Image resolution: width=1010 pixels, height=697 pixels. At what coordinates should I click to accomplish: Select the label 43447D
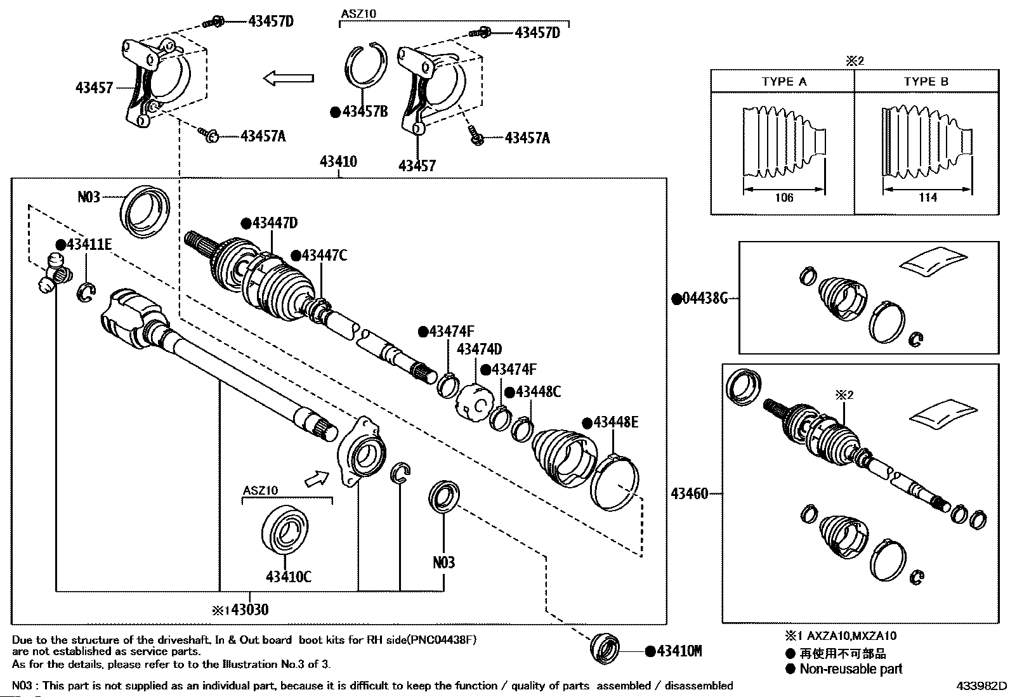274,223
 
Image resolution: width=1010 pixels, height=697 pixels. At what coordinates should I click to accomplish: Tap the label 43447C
324,256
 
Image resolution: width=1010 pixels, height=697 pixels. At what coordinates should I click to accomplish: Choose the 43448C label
538,392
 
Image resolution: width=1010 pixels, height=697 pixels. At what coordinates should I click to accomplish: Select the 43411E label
88,245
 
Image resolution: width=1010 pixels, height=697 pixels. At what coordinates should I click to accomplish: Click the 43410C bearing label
289,576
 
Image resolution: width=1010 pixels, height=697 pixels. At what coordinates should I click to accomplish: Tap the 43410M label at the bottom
678,651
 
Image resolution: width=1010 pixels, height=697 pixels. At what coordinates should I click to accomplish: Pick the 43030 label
249,610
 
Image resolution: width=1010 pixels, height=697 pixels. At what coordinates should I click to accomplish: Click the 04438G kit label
704,298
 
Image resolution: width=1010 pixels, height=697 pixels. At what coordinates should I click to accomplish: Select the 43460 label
690,493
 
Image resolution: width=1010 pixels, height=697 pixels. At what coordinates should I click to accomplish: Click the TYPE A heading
784,82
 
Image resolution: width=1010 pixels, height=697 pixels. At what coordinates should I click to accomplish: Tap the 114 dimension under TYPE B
928,198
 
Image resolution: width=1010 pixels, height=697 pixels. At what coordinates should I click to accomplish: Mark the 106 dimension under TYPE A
784,198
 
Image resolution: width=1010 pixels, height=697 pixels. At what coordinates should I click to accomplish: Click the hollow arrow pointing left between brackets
289,79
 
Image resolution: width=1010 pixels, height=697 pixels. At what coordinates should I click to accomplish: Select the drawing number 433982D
982,686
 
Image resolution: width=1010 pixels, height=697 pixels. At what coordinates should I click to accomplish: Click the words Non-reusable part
850,669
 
